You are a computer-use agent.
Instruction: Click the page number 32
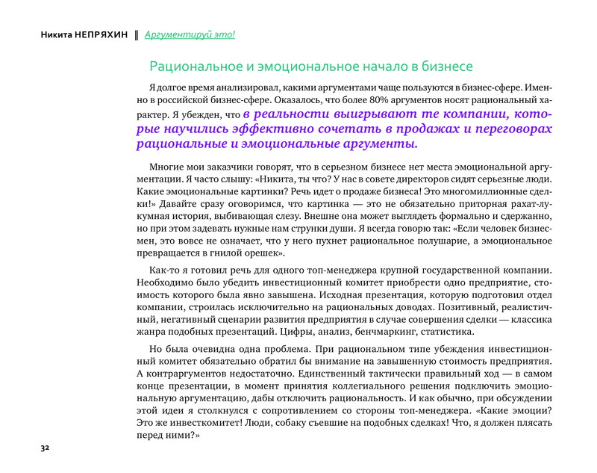pos(45,448)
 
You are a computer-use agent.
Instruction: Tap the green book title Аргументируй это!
pos(190,34)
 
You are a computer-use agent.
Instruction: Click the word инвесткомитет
pos(199,423)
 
